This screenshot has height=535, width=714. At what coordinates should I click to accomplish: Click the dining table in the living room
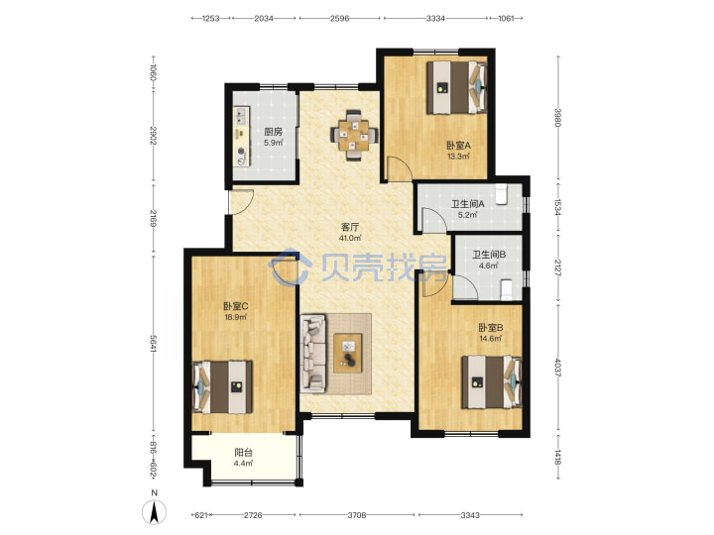[x=354, y=135]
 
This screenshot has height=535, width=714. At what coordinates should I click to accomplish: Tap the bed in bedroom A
[x=457, y=87]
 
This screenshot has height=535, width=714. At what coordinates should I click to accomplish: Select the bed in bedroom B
[x=492, y=382]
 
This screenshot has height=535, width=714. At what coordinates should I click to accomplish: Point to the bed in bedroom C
[x=222, y=386]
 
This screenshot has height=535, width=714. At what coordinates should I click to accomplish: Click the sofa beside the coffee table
[x=313, y=353]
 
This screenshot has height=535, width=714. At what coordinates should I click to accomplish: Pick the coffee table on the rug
[x=348, y=353]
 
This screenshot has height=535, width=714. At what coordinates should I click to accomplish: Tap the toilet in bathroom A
[x=501, y=195]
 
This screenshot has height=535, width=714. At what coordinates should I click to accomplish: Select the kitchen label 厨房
[x=274, y=132]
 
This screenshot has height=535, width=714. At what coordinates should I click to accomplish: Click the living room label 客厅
[x=350, y=227]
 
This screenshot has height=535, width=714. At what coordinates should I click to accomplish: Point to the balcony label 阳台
[x=243, y=453]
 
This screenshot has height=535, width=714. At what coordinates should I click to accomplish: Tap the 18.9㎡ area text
[x=235, y=318]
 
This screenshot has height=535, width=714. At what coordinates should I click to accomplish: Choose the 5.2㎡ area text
[x=468, y=215]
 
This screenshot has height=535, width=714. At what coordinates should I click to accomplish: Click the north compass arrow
[x=155, y=511]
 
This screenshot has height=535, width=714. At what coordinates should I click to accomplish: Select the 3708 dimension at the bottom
[x=357, y=515]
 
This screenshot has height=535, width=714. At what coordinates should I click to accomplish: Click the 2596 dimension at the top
[x=339, y=18]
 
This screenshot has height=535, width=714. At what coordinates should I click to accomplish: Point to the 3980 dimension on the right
[x=557, y=117]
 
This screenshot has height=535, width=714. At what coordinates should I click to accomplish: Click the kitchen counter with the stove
[x=242, y=136]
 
